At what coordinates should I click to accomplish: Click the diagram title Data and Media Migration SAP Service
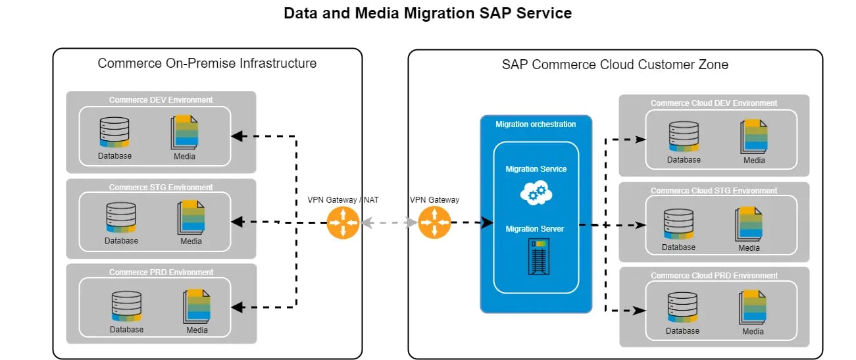pos(428,13)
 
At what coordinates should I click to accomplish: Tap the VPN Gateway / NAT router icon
pos(343,222)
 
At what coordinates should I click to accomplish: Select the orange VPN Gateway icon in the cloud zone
pos(434,222)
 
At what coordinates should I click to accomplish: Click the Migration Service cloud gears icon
pos(536,192)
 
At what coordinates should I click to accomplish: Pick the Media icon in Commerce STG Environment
pos(191,218)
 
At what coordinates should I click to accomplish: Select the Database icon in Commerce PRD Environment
pos(126,307)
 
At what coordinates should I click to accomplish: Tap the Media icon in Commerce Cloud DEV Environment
pos(754,137)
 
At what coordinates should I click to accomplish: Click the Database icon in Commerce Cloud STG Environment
pos(678,224)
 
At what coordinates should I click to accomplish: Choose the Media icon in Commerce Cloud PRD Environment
pos(753,307)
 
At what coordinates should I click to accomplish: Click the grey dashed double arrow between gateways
pos(389,222)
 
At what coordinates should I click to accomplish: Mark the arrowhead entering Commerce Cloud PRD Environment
pos(638,309)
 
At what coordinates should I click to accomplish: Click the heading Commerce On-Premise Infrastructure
pos(207,63)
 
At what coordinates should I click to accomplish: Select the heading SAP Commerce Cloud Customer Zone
pos(615,64)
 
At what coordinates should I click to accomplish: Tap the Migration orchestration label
pos(536,124)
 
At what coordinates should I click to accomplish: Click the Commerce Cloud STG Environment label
pos(714,191)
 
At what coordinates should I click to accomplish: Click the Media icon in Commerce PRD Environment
pos(197,306)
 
